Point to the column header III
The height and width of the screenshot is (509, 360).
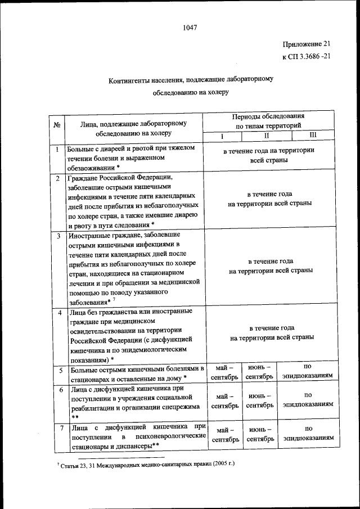coord(313,136)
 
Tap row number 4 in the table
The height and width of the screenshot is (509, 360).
coord(58,312)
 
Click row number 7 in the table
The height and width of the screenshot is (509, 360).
coord(58,429)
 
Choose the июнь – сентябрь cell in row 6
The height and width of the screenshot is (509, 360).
coord(260,400)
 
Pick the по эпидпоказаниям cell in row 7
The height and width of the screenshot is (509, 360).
coord(308,434)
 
